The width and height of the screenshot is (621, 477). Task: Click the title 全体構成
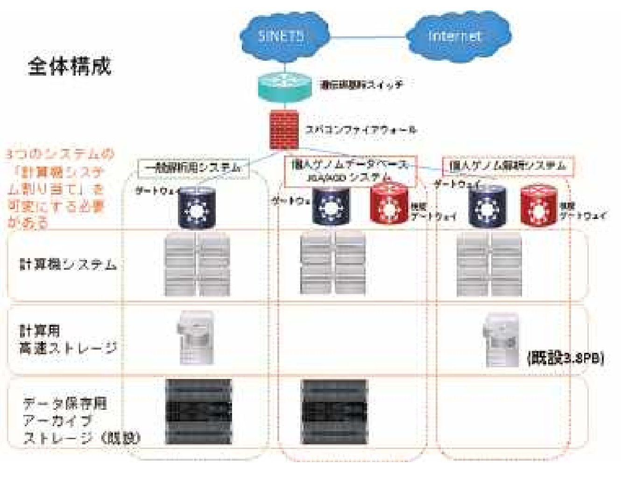pyautogui.click(x=70, y=66)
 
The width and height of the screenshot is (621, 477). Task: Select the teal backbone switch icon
pyautogui.click(x=284, y=87)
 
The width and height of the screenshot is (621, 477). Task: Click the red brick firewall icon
pyautogui.click(x=284, y=129)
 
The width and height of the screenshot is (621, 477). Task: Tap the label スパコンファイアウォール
pyautogui.click(x=360, y=130)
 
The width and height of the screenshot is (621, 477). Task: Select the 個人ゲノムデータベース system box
pyautogui.click(x=350, y=170)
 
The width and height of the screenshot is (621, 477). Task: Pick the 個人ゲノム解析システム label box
pyautogui.click(x=508, y=166)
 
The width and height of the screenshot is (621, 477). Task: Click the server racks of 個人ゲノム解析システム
pyautogui.click(x=489, y=264)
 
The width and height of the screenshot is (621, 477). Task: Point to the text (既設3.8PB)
pyautogui.click(x=565, y=358)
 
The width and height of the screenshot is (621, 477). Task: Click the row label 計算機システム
pyautogui.click(x=68, y=265)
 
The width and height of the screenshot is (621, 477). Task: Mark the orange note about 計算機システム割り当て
pyautogui.click(x=56, y=189)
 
